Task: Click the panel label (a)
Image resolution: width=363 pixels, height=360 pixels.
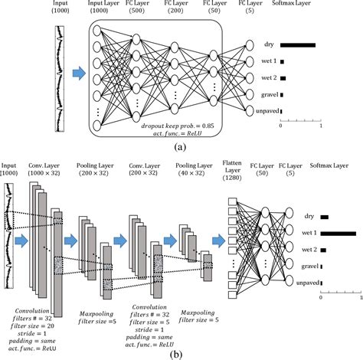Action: tap(181, 144)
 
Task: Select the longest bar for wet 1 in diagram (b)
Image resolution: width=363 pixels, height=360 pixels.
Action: tap(338, 233)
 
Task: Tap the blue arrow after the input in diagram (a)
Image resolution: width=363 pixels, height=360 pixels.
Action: tap(77, 74)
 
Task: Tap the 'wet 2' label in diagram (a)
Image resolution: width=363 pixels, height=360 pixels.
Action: tap(269, 78)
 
